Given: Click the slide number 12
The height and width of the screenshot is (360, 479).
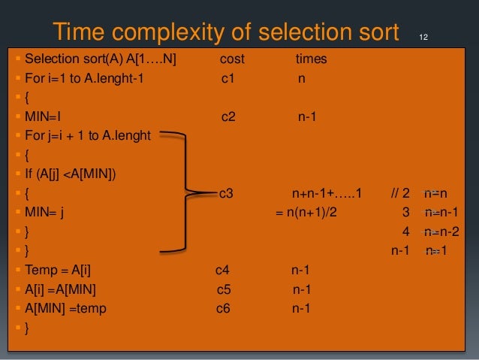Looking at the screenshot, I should coord(423,37).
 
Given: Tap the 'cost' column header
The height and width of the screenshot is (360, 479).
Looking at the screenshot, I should coord(232,58).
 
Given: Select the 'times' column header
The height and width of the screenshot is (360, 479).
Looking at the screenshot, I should coord(311,58).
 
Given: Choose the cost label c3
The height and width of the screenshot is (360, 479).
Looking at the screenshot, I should coord(226,193).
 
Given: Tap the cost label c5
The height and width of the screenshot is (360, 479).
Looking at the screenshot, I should coord(224,289).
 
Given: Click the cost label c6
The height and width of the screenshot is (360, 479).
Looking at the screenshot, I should coord(224,308).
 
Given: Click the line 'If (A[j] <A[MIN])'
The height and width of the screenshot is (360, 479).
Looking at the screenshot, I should coord(75,174).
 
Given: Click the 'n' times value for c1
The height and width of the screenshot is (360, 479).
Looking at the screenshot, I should coord(301,77).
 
